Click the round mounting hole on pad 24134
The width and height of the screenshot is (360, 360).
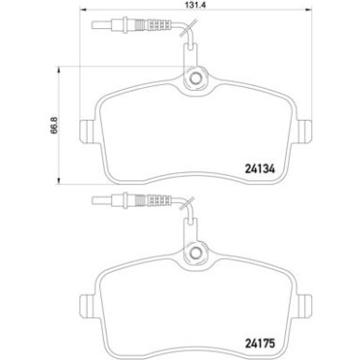click(x=196, y=82)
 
